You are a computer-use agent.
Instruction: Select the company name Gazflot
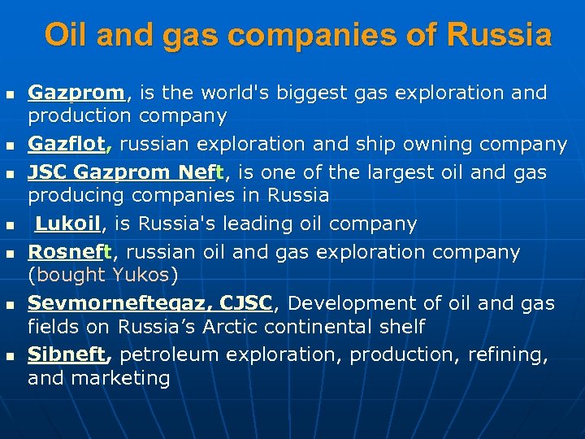67,145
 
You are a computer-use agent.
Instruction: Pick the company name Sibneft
67,355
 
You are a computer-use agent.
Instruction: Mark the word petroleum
169,355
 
